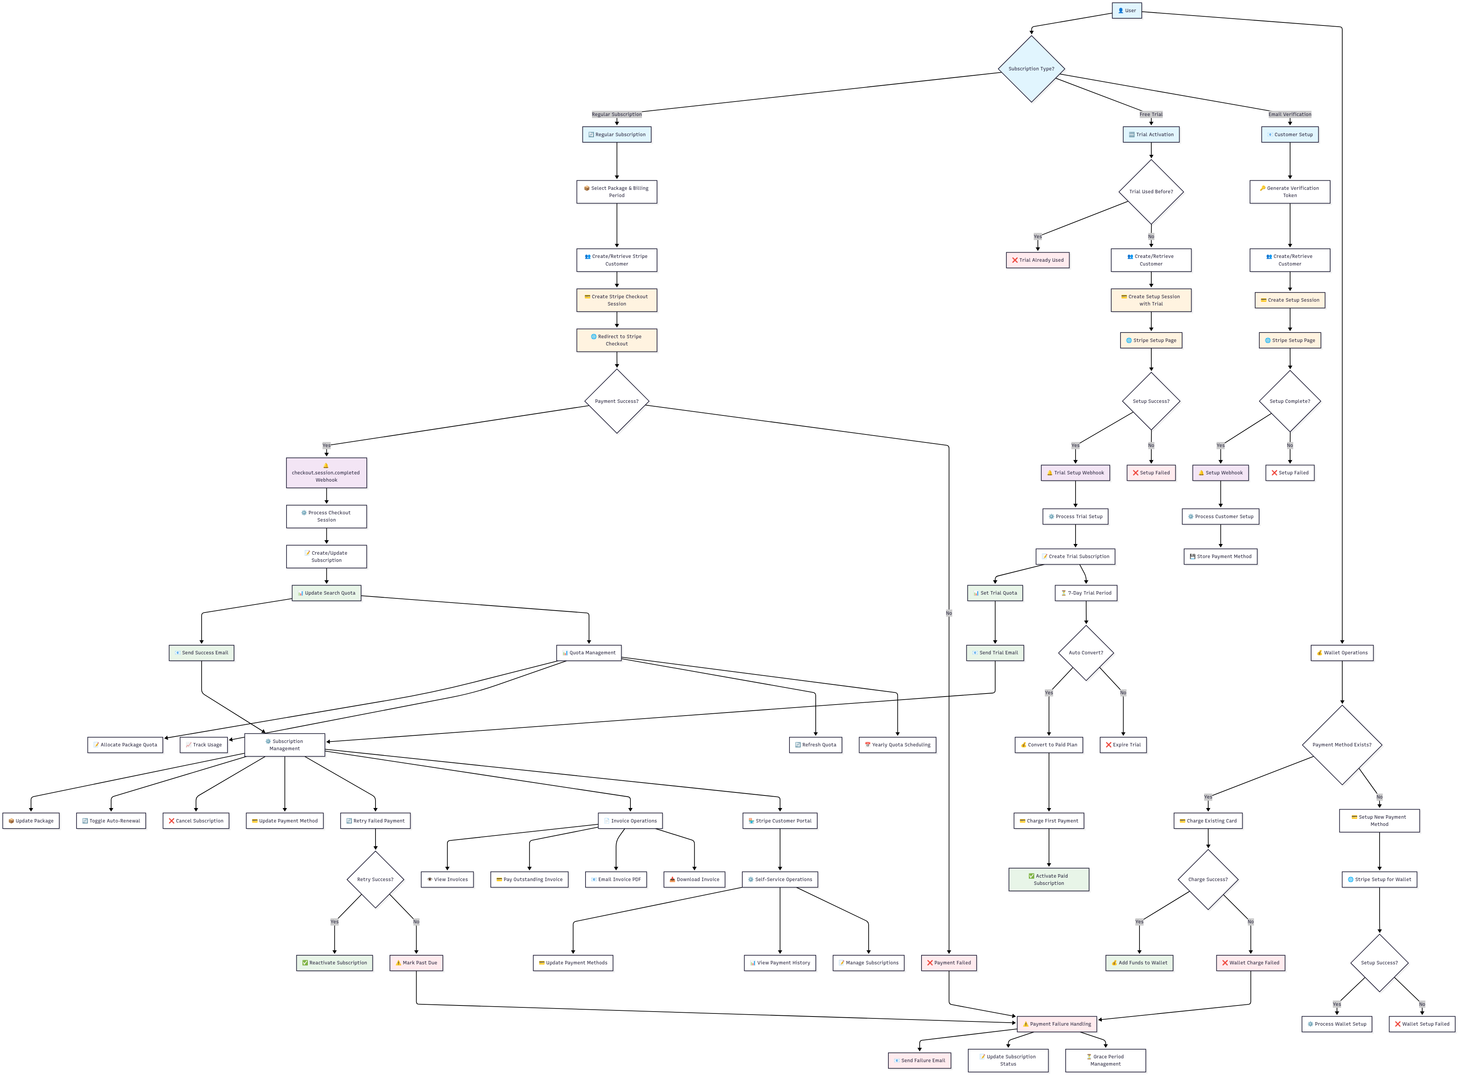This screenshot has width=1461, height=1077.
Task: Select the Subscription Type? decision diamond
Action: (x=1031, y=68)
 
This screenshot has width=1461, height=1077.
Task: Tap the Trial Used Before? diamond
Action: (x=1151, y=192)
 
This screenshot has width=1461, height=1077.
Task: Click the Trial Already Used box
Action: (x=1037, y=260)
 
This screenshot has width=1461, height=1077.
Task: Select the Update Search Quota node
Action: (x=326, y=593)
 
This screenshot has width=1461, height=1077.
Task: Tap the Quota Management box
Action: (x=589, y=652)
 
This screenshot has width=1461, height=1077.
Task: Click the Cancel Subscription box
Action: (x=196, y=821)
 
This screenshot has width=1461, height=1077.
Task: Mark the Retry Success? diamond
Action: (x=375, y=880)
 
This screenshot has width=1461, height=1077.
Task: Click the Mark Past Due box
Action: (x=416, y=963)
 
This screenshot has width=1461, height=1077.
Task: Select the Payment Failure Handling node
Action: (x=1056, y=1024)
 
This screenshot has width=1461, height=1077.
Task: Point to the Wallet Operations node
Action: (x=1342, y=652)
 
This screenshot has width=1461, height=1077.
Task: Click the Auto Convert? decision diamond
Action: (x=1085, y=652)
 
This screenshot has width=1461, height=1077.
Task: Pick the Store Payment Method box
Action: (x=1220, y=557)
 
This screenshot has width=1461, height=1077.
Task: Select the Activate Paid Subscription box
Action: (x=1048, y=880)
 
